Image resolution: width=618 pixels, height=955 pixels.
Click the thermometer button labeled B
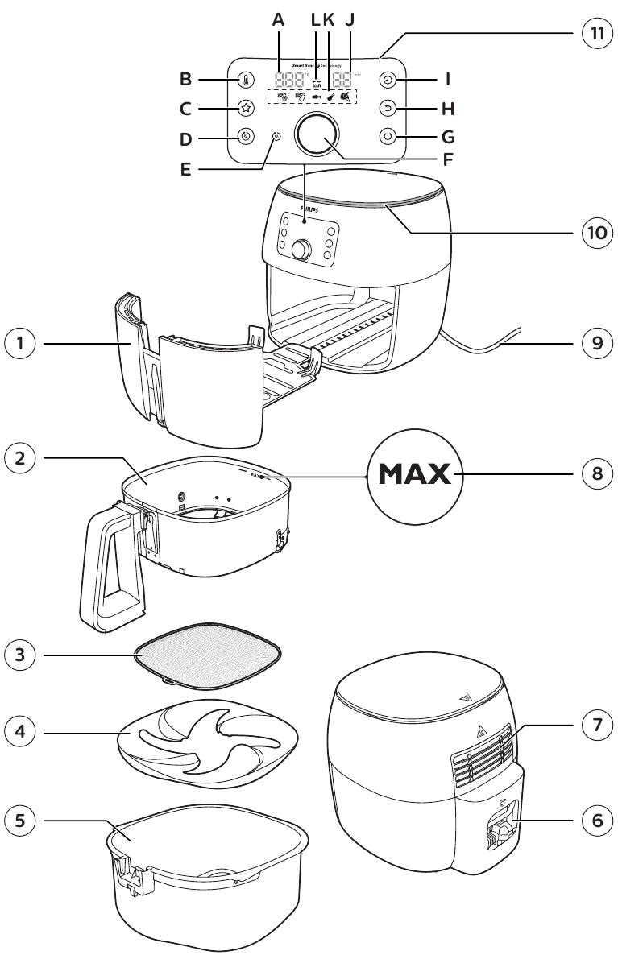click(246, 81)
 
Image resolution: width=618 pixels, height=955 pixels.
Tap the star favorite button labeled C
click(246, 109)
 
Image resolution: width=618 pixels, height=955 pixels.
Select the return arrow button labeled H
click(388, 109)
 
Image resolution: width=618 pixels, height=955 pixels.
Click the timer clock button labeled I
click(388, 81)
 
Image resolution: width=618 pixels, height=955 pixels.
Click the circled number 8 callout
click(596, 473)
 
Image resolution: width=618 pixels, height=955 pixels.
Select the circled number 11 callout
click(596, 34)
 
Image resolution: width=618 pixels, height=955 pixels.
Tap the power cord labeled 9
click(500, 345)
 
